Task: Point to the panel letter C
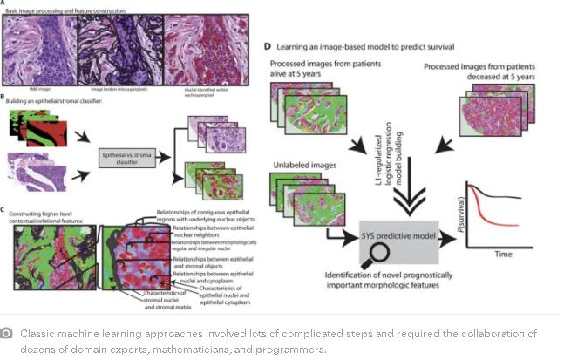(5, 209)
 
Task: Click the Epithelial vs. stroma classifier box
(126, 159)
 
